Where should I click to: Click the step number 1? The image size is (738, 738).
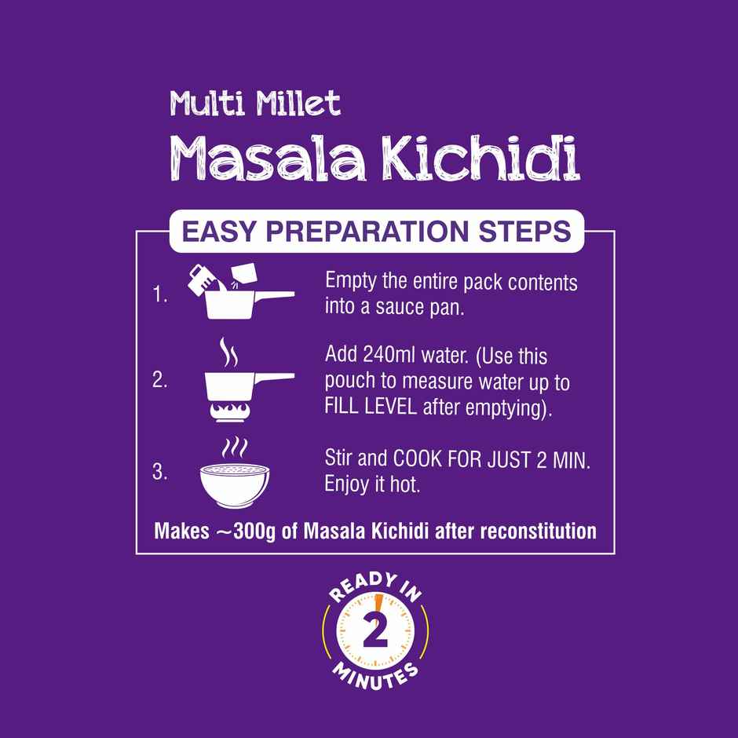161,297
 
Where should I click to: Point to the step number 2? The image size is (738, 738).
161,382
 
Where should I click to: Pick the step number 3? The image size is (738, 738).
161,472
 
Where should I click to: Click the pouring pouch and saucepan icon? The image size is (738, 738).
236,290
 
